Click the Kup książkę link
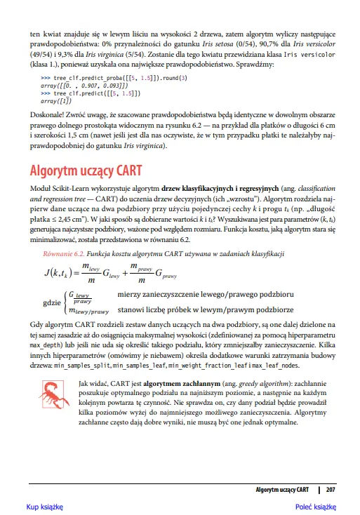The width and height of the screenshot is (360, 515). click(x=45, y=506)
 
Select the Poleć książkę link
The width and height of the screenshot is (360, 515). click(x=315, y=506)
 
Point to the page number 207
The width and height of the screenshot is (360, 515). click(x=331, y=488)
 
